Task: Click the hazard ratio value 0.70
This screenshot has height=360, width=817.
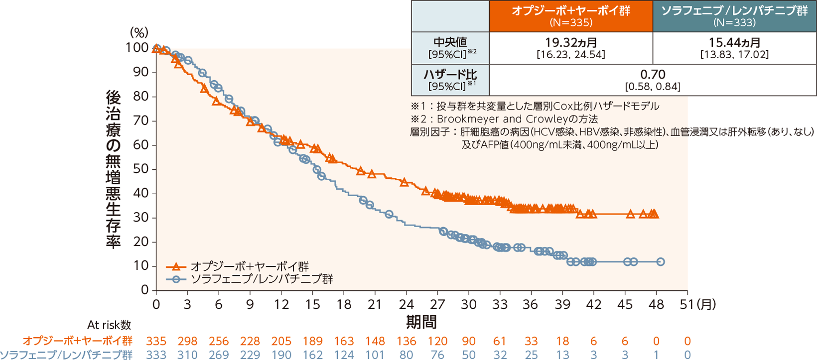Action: pos(653,74)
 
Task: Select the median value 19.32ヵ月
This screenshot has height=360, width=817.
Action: pos(571,42)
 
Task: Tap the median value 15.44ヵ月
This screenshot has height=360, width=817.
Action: pos(734,42)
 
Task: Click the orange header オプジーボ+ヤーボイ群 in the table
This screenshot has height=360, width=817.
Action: pos(571,11)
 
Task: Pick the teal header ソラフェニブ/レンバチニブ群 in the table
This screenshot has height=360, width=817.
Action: pos(734,11)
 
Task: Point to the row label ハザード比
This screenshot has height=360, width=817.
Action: pos(450,75)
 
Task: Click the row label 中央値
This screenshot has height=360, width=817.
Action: pos(450,42)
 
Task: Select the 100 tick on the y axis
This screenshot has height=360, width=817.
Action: pos(137,48)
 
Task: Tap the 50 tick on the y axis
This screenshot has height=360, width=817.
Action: pos(141,169)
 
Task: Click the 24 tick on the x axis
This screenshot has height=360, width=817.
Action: pos(406,304)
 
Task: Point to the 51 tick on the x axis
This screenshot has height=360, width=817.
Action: pos(687,304)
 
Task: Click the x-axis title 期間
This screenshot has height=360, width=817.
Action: pos(421,323)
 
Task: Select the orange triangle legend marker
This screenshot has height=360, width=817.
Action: pos(176,266)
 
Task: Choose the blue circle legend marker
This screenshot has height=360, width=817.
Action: pos(176,279)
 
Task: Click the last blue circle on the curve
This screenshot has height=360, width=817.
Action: pos(661,262)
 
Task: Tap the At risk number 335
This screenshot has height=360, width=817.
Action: pos(156,341)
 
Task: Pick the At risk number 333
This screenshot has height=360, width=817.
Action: pos(156,355)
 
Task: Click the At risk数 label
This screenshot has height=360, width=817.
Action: pos(109,325)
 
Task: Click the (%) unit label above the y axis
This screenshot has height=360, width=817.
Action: pos(139,33)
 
